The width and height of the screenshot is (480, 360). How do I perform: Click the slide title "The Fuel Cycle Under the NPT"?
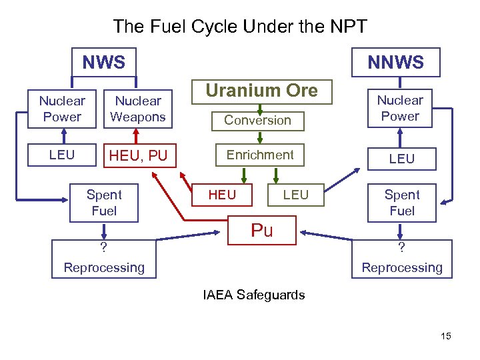pyautogui.click(x=240, y=26)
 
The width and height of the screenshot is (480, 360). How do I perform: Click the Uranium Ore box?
pyautogui.click(x=261, y=91)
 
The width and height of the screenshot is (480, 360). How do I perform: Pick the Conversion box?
pyautogui.click(x=257, y=120)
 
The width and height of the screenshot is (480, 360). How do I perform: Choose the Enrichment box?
pyautogui.click(x=259, y=155)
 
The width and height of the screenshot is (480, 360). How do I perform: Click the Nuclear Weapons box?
pyautogui.click(x=138, y=109)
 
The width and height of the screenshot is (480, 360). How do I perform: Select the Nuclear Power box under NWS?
pyautogui.click(x=61, y=109)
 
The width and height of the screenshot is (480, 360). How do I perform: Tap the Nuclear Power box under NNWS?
pyautogui.click(x=400, y=108)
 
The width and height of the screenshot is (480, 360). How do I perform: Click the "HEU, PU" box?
pyautogui.click(x=138, y=156)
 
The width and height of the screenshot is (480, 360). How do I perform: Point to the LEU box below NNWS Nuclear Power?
pyautogui.click(x=401, y=159)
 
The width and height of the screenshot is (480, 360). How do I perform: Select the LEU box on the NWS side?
pyautogui.click(x=61, y=155)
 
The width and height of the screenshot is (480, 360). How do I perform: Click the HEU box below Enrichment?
pyautogui.click(x=222, y=195)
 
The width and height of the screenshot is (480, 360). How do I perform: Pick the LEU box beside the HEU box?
pyautogui.click(x=295, y=195)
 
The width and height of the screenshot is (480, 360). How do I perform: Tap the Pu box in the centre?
pyautogui.click(x=261, y=231)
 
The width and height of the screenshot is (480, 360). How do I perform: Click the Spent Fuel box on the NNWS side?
pyautogui.click(x=402, y=203)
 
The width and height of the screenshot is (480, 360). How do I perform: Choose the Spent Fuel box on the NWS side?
pyautogui.click(x=104, y=203)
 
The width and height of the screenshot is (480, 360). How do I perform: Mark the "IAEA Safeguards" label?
pyautogui.click(x=254, y=295)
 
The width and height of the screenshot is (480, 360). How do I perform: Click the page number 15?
pyautogui.click(x=445, y=336)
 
